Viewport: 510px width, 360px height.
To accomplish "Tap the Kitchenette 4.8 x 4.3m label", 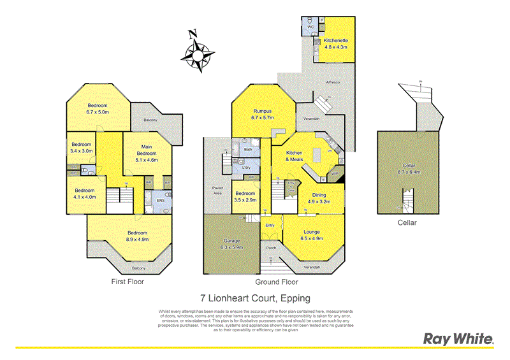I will (335, 43).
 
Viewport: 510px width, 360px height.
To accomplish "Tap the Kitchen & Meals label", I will (294, 156).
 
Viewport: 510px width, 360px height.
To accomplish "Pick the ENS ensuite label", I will (161, 200).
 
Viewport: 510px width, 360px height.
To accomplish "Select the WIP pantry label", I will (333, 172).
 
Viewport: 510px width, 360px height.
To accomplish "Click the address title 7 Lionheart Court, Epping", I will (256, 298).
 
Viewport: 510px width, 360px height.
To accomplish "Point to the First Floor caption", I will (127, 281).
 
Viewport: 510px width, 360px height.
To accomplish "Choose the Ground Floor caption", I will (276, 281).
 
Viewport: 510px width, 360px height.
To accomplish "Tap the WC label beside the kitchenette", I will (310, 27).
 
